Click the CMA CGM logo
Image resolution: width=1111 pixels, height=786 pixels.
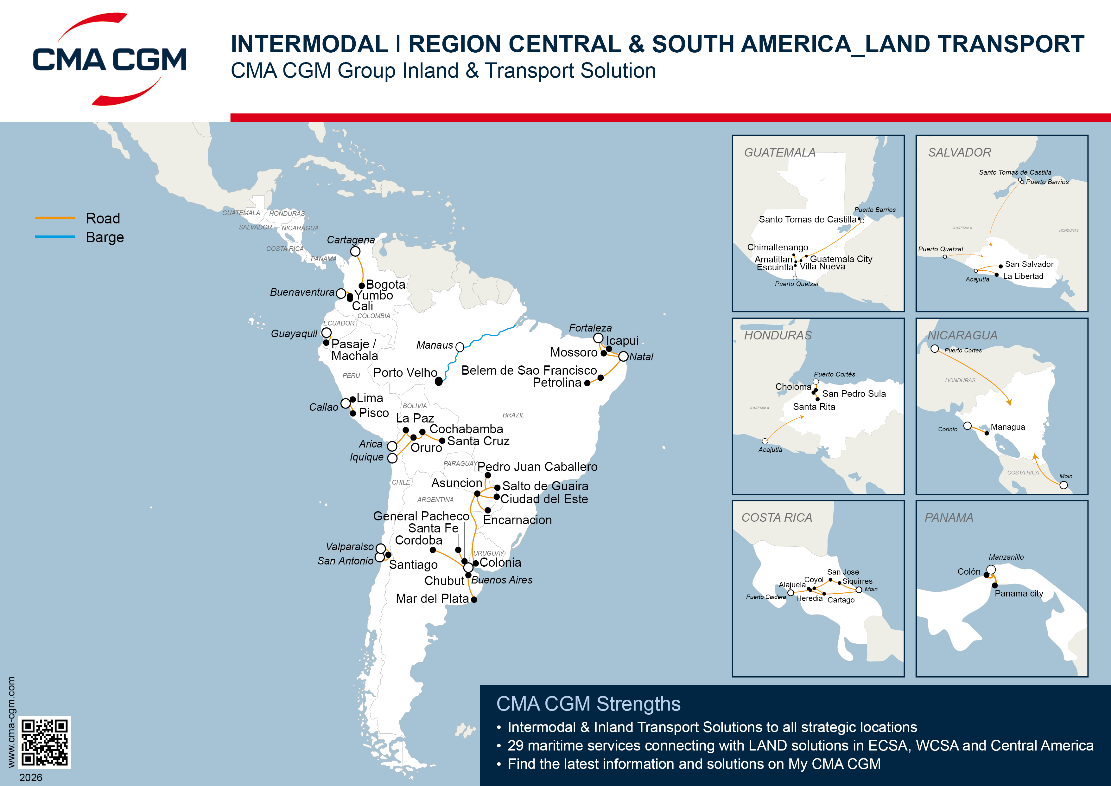coord(109,59)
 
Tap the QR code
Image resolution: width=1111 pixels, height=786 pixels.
coord(45,742)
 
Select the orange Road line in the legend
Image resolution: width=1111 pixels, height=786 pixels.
coord(55,218)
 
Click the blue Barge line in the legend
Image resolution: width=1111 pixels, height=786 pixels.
coord(55,237)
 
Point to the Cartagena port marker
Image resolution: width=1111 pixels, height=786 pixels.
coord(355,251)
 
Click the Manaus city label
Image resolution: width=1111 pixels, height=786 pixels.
coord(434,345)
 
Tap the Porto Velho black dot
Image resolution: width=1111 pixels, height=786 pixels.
coord(438,382)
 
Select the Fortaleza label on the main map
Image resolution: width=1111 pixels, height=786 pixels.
coord(590,328)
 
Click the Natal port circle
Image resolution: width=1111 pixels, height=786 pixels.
coord(623,357)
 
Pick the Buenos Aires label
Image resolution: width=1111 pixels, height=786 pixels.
coord(502,580)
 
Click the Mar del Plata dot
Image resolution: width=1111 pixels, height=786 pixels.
coord(474,600)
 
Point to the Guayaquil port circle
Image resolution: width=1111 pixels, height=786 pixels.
coord(327,333)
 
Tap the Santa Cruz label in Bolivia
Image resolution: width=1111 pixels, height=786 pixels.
coord(478,441)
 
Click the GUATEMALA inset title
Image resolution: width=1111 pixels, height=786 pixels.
coord(779,152)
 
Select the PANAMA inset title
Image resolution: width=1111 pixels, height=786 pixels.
coord(949,518)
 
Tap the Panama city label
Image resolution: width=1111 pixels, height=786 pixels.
coord(1019,594)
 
